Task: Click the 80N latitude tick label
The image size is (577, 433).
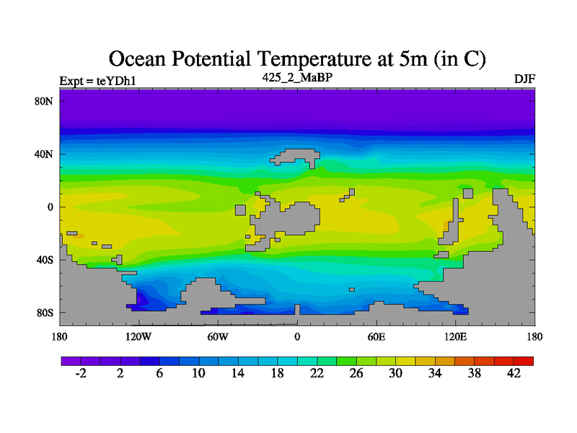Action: pyautogui.click(x=45, y=101)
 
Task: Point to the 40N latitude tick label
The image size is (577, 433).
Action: pyautogui.click(x=45, y=154)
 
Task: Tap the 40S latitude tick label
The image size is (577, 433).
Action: pyautogui.click(x=45, y=260)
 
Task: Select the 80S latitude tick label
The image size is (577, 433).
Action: pyautogui.click(x=45, y=312)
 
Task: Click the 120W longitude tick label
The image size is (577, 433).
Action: pyautogui.click(x=138, y=336)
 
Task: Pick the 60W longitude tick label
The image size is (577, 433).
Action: pyautogui.click(x=218, y=336)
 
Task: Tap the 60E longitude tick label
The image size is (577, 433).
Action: pyautogui.click(x=376, y=336)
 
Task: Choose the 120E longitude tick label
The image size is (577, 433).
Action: pyautogui.click(x=456, y=336)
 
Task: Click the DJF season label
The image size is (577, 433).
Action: pyautogui.click(x=524, y=79)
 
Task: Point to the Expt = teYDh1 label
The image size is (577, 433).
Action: pyautogui.click(x=97, y=80)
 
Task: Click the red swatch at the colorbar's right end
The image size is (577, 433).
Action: pyautogui.click(x=524, y=360)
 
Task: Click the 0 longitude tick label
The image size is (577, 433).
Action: pyautogui.click(x=297, y=336)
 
